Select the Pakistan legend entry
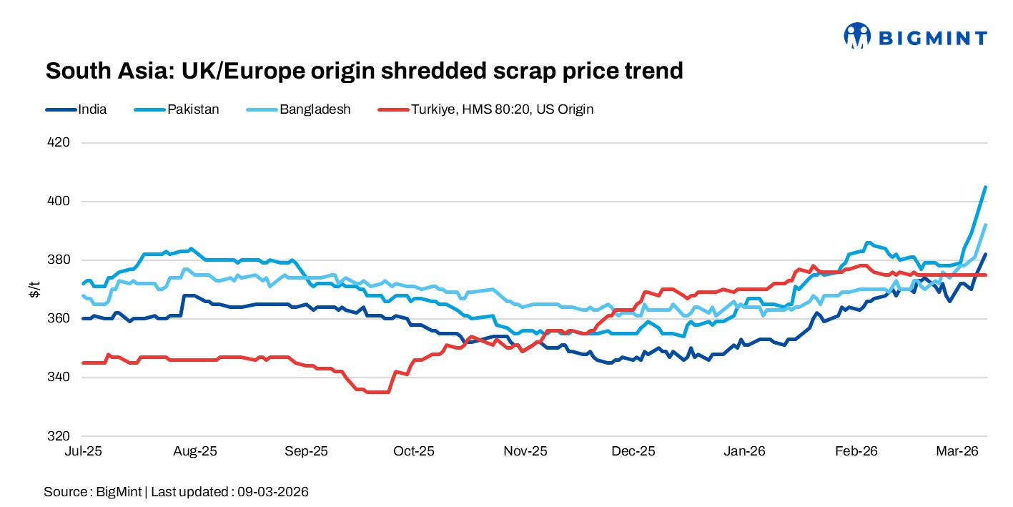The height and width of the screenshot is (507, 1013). click(x=193, y=109)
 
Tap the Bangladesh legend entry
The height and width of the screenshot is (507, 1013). click(x=315, y=109)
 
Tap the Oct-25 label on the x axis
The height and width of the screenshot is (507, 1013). click(x=415, y=452)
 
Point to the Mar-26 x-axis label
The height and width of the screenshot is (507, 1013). click(x=957, y=452)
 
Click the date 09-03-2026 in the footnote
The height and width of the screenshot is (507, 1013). click(x=275, y=492)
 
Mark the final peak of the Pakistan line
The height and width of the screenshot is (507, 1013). click(x=986, y=187)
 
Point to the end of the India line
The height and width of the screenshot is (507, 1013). click(x=986, y=255)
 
